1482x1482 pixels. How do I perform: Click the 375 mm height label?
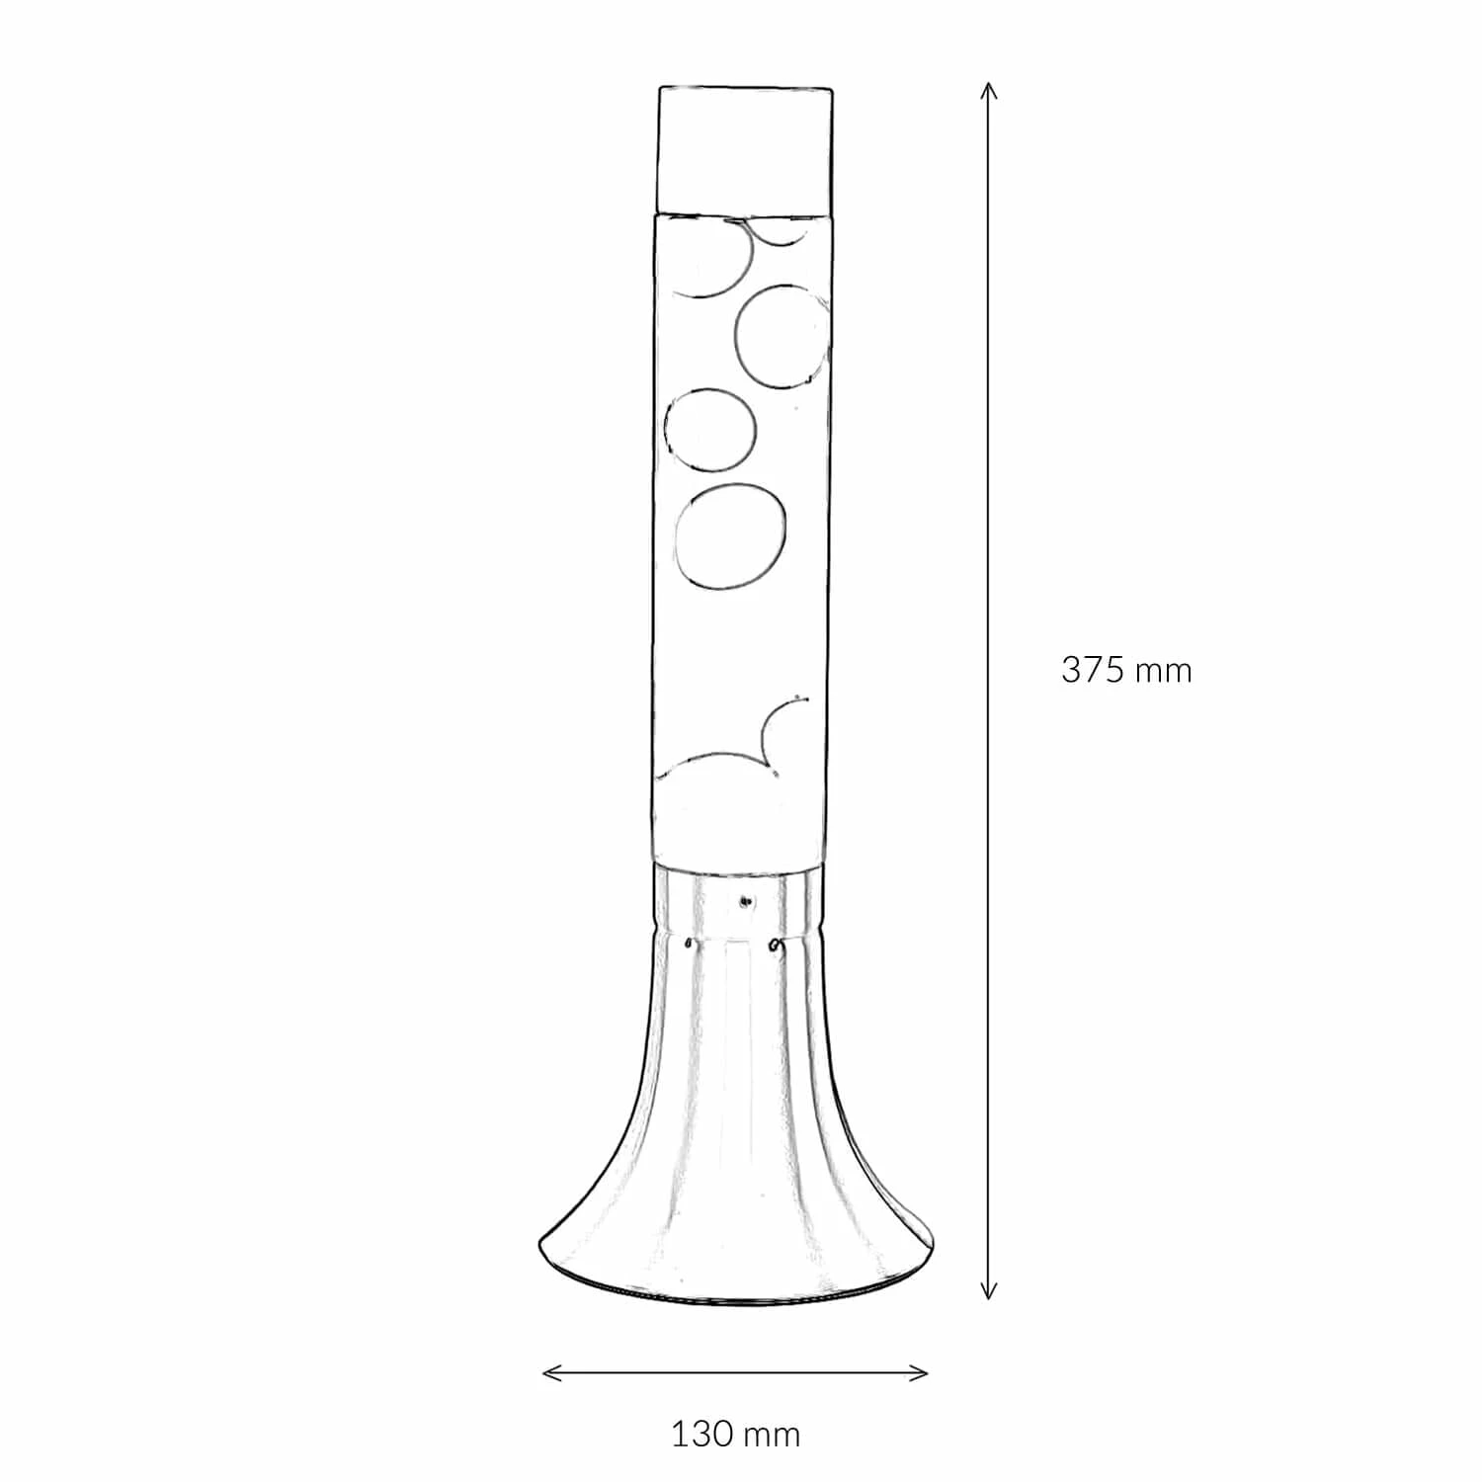(x=1126, y=670)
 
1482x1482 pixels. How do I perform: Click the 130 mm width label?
(x=736, y=1434)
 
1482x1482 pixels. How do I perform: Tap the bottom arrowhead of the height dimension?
(x=988, y=1290)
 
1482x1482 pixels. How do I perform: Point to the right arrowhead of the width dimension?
(x=918, y=1372)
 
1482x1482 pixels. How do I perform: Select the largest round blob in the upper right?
(x=782, y=335)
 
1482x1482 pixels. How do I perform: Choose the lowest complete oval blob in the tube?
(x=731, y=537)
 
